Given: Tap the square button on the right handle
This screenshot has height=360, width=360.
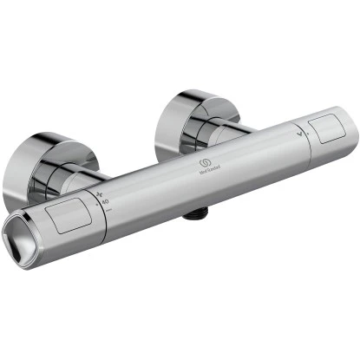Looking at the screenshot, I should pyautogui.click(x=328, y=131).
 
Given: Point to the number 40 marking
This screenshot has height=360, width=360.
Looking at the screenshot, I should pyautogui.click(x=106, y=202).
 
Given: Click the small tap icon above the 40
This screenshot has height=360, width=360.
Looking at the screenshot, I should pyautogui.click(x=101, y=193).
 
